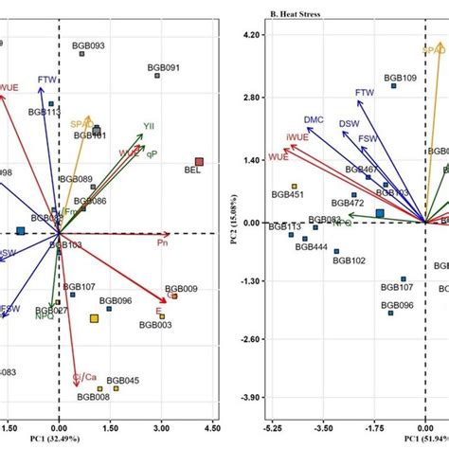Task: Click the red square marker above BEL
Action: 199,162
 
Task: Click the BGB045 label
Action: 122,380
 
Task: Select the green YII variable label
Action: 148,125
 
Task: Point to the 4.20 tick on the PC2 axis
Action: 249,35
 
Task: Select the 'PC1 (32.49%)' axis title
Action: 58,439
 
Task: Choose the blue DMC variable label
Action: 314,120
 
